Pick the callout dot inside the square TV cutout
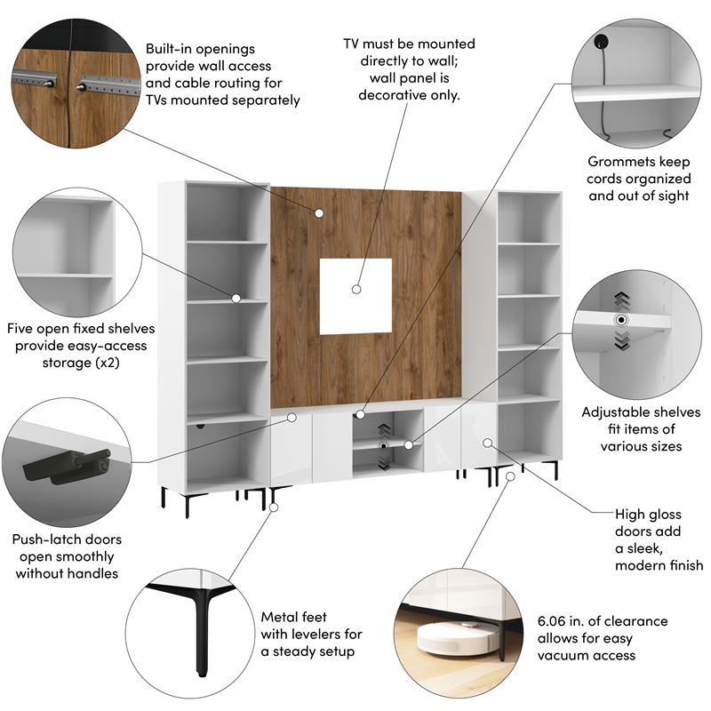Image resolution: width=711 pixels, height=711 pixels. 355,289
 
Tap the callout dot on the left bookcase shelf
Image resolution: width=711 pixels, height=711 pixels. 237,298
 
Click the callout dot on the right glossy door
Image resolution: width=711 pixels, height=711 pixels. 487,442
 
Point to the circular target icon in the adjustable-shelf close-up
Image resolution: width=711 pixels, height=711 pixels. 621,319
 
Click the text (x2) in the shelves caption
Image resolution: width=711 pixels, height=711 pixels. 131,363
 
